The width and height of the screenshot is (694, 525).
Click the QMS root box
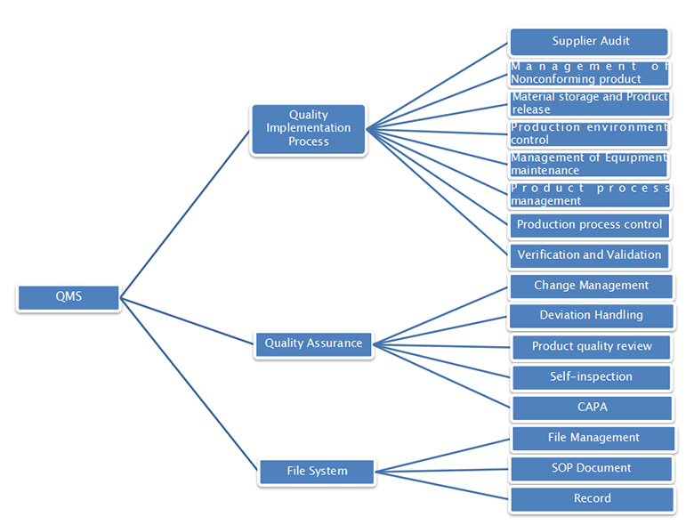[x=69, y=297]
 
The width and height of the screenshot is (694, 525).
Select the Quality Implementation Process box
[x=308, y=129]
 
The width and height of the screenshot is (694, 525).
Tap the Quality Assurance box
[x=313, y=343]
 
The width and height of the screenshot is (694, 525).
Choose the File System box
[x=317, y=472]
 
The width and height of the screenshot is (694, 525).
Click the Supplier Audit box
[x=590, y=42]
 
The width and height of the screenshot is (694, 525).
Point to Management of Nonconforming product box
[x=590, y=73]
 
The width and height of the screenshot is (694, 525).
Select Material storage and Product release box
[x=590, y=103]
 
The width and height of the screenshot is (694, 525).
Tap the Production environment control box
[x=590, y=133]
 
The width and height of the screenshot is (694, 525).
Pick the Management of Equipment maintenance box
[x=590, y=165]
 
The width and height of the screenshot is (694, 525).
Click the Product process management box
[x=590, y=195]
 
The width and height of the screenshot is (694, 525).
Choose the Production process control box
[x=590, y=225]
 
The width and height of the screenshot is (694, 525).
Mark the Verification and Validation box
[x=590, y=255]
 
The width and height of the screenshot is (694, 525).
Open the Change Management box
[x=591, y=287]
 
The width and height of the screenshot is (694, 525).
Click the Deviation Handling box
[x=591, y=316]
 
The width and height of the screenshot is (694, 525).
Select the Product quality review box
[x=592, y=347]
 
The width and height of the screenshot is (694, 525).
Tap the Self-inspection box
[x=592, y=377]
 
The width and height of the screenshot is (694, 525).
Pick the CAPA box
[x=592, y=408]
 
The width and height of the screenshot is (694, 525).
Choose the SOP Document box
[x=591, y=469]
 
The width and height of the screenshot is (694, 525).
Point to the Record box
[x=592, y=499]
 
